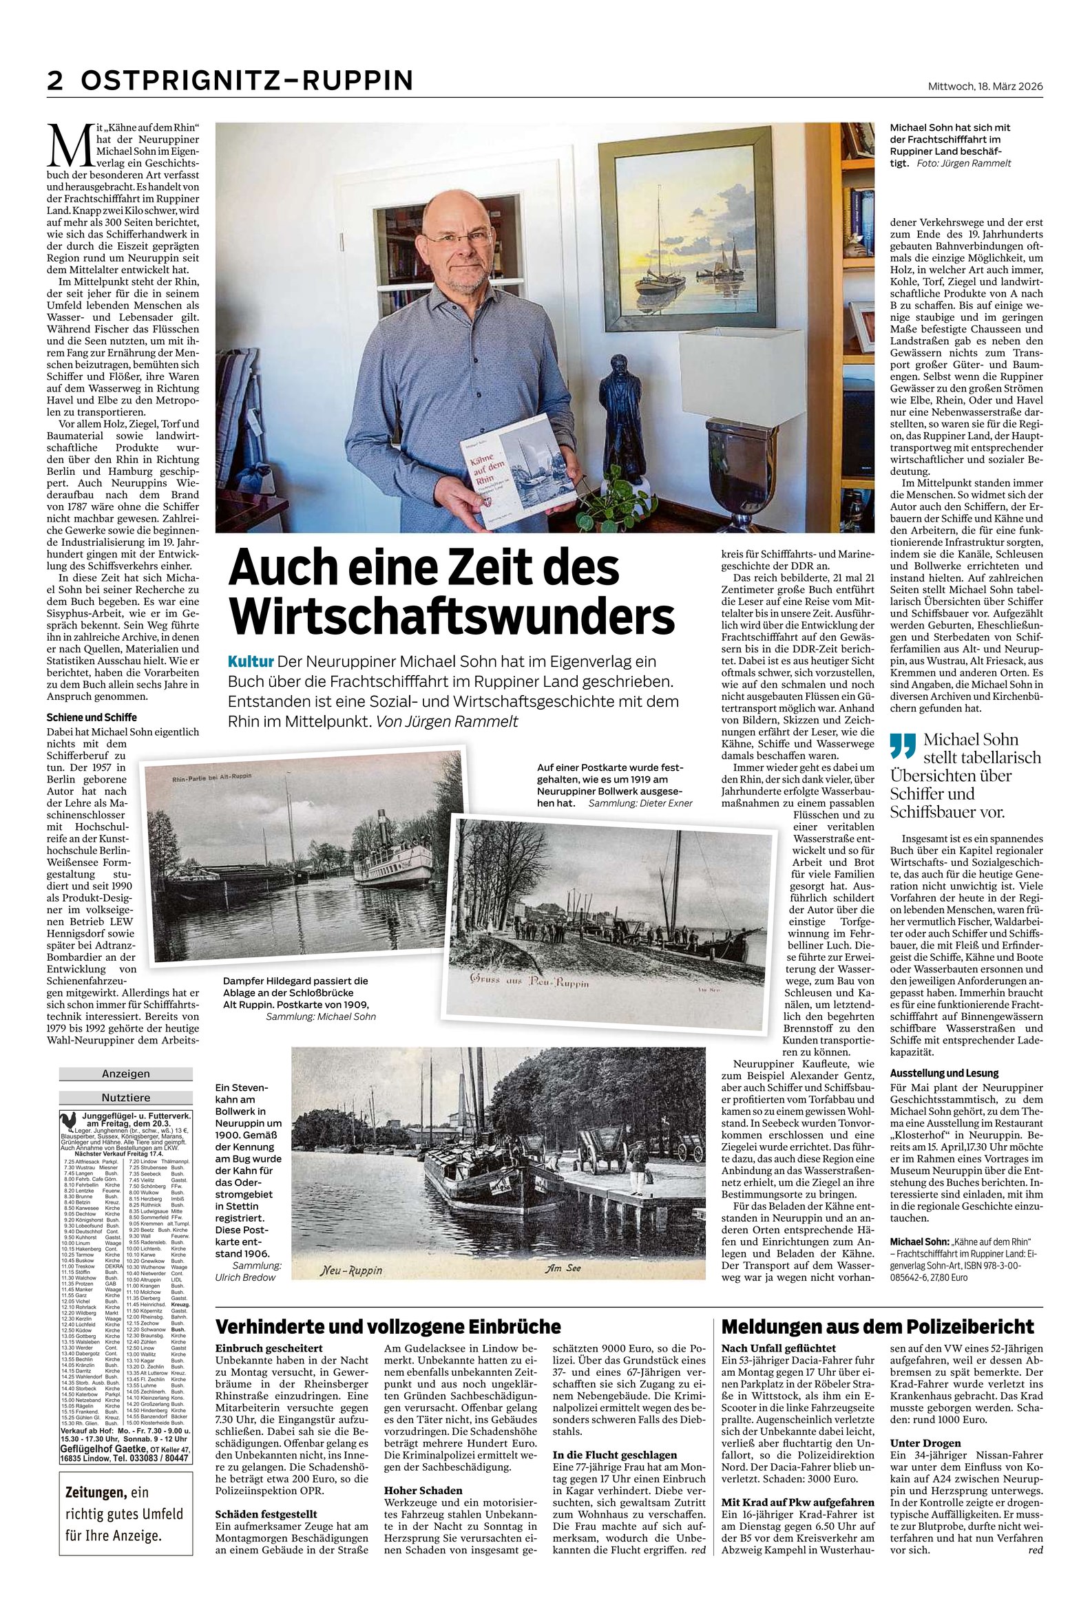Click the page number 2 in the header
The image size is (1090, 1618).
[55, 81]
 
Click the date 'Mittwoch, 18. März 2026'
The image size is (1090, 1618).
[985, 86]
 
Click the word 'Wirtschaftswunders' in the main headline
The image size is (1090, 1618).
[451, 615]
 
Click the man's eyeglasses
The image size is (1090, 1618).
[458, 237]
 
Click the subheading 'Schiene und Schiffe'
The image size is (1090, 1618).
[91, 717]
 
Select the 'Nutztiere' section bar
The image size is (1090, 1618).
[125, 1098]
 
